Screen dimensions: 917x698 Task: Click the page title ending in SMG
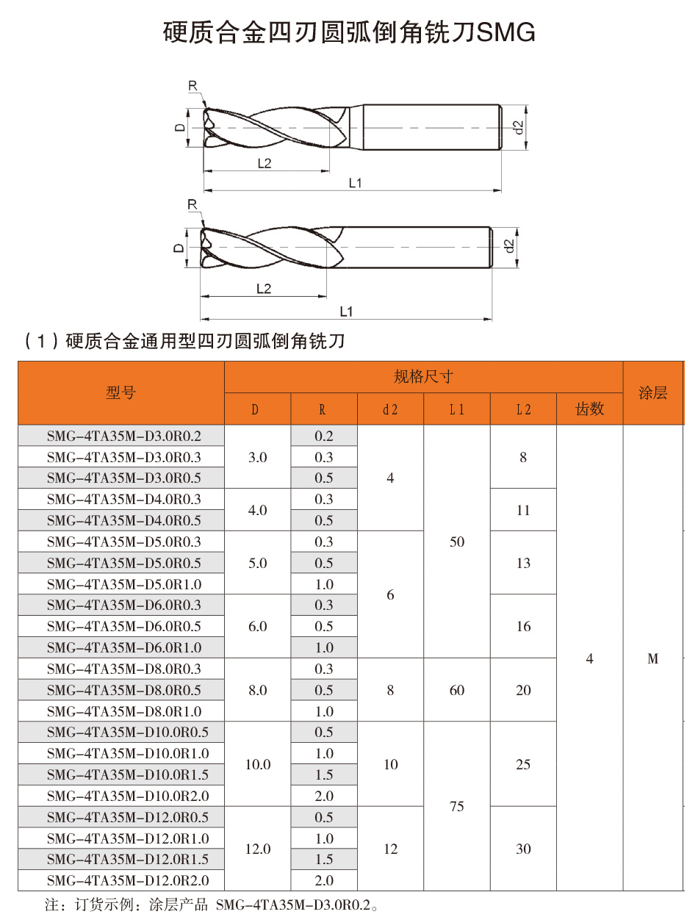[x=349, y=33]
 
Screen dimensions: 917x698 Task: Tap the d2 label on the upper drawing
[x=519, y=127]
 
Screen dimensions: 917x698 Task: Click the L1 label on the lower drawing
[x=346, y=312]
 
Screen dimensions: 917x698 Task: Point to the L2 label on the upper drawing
[x=265, y=163]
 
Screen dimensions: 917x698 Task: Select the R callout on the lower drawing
[x=193, y=204]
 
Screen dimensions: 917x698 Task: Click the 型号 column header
[x=121, y=393]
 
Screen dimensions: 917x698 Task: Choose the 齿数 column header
[x=589, y=409]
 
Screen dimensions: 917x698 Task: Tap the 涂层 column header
[x=652, y=393]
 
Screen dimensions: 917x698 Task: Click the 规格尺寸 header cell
[x=423, y=377]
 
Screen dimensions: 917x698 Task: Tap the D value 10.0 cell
[x=258, y=764]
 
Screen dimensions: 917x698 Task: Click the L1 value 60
[x=457, y=690]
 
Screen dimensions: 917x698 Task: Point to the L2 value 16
[x=523, y=626]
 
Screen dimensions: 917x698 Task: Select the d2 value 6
[x=390, y=594]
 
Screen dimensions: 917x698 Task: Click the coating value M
[x=652, y=659]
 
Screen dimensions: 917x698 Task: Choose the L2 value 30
[x=523, y=849]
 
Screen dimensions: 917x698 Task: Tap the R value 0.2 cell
[x=324, y=436]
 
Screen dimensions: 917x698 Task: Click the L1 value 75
[x=457, y=806]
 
